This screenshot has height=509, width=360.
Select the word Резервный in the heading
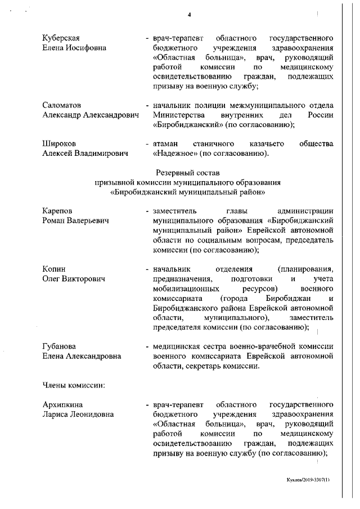click(x=172, y=173)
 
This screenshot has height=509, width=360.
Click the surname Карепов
click(x=58, y=211)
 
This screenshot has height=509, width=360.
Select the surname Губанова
click(x=60, y=346)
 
